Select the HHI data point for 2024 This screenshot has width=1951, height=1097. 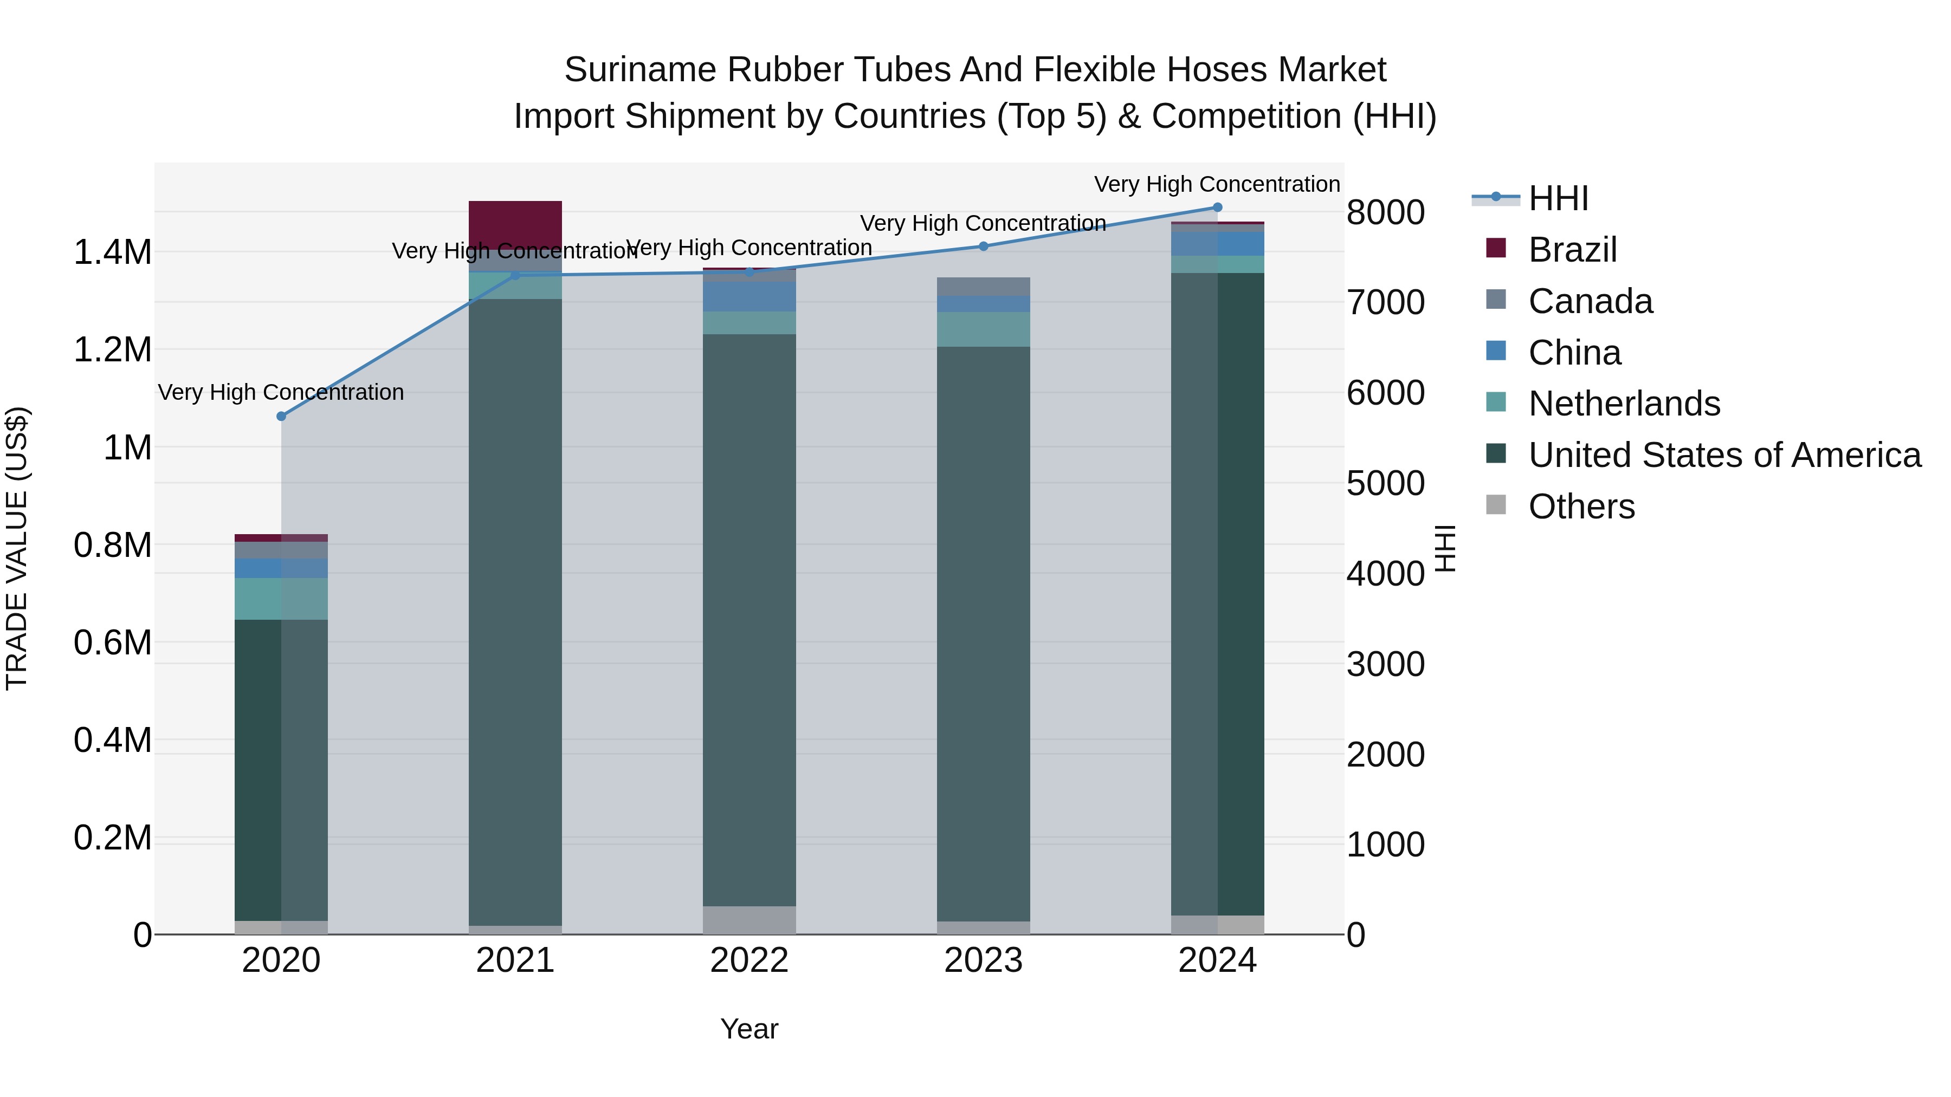tap(1217, 207)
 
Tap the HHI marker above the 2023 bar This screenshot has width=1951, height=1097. tap(983, 246)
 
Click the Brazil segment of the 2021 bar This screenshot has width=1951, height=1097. tap(515, 224)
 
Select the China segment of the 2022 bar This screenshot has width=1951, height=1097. tap(749, 297)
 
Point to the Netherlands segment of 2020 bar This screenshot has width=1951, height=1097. tap(281, 599)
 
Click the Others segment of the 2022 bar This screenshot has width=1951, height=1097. tap(749, 920)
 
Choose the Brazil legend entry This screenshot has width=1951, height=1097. tap(1572, 250)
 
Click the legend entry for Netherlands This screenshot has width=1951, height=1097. tap(1624, 404)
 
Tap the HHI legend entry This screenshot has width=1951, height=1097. tap(1558, 198)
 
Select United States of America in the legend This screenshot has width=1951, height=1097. tap(1724, 455)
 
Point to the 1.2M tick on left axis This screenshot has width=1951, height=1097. tap(112, 350)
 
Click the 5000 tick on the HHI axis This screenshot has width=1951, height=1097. tap(1385, 483)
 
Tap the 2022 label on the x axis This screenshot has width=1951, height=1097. tap(749, 960)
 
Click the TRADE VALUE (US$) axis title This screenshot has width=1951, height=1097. tap(17, 548)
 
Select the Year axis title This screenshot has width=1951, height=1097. tap(749, 1029)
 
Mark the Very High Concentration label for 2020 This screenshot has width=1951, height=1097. tap(281, 392)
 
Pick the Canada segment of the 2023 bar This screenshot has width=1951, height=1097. tap(983, 286)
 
